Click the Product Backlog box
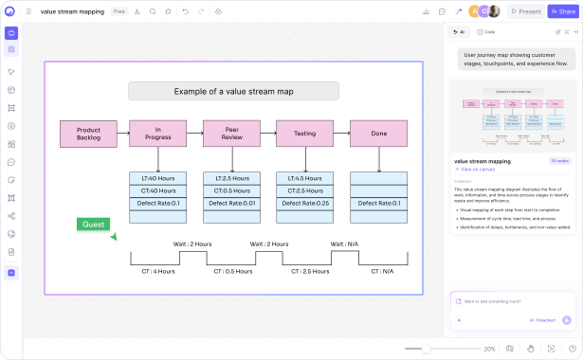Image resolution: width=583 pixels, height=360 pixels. [88, 134]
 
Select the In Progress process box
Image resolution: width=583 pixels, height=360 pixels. [157, 134]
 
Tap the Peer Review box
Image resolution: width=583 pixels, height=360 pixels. [231, 134]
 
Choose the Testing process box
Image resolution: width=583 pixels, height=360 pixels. [304, 134]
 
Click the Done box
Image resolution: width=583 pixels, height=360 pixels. [378, 134]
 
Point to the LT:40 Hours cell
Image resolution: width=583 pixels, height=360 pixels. [157, 178]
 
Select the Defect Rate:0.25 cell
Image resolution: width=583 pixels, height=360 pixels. [304, 203]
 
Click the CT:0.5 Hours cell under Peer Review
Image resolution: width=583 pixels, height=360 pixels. [231, 190]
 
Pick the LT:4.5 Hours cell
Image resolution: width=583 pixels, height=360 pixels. [304, 178]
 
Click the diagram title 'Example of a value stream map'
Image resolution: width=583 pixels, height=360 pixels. [233, 92]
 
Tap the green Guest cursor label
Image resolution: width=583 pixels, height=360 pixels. [93, 225]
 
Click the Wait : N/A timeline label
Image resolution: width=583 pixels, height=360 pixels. [344, 243]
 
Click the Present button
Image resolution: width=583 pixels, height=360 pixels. [525, 11]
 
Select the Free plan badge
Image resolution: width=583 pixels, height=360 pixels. [119, 11]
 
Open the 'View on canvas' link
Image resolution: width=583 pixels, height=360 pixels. [478, 169]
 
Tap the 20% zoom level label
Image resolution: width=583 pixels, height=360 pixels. [489, 349]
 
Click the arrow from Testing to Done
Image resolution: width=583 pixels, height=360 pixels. [341, 134]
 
